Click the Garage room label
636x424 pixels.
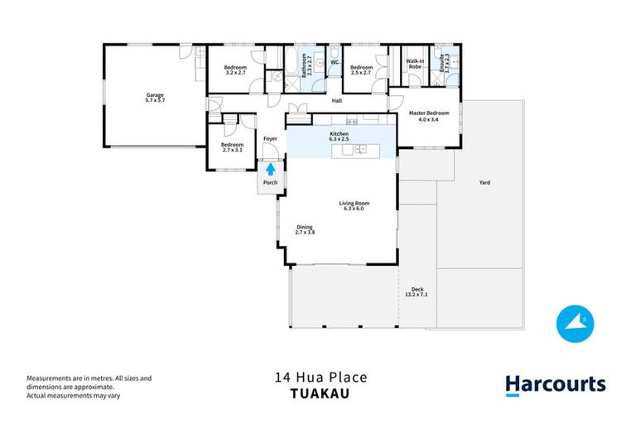click(x=155, y=98)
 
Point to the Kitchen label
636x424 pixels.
click(x=341, y=136)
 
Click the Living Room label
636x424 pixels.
click(x=354, y=205)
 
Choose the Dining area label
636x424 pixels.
click(x=306, y=229)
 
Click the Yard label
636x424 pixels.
click(x=484, y=182)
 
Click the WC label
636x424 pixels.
click(x=335, y=62)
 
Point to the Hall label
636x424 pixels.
click(x=337, y=101)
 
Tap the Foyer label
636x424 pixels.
click(x=270, y=138)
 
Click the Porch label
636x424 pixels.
click(x=269, y=183)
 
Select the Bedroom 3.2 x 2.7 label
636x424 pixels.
click(x=238, y=70)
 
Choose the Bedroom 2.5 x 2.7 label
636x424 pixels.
click(x=361, y=70)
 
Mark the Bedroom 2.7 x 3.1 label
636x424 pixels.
click(x=231, y=147)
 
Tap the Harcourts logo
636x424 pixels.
click(x=555, y=384)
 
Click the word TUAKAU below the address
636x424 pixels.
click(x=320, y=394)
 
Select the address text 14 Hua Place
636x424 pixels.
click(x=320, y=378)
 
